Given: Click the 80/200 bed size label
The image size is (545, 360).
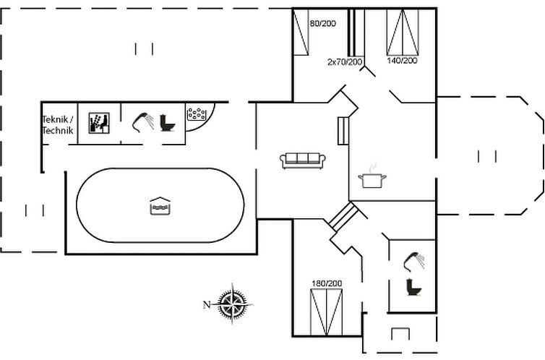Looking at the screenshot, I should [x=323, y=24].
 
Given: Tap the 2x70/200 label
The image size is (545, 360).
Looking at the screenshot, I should [x=345, y=62].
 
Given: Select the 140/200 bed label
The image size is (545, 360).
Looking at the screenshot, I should [x=402, y=61].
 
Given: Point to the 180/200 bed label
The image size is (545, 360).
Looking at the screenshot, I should [x=327, y=283].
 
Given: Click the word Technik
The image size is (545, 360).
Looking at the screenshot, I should [x=58, y=130].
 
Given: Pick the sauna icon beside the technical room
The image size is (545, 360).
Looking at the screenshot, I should [x=98, y=123].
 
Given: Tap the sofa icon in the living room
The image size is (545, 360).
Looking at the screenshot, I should [x=304, y=160].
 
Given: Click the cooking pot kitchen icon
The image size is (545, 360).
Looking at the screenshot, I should [x=372, y=178].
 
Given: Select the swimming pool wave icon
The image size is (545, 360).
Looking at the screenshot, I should [x=159, y=206].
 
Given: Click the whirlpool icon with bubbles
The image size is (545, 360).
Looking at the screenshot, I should [x=197, y=113].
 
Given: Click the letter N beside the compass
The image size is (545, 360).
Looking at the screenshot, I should [x=206, y=304].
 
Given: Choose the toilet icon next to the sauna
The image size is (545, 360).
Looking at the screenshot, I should [x=168, y=123].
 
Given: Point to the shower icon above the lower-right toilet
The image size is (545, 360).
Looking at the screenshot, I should [x=415, y=260].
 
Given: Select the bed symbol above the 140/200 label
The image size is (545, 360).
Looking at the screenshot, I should [x=403, y=33].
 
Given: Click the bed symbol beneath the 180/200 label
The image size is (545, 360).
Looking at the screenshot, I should [x=326, y=311].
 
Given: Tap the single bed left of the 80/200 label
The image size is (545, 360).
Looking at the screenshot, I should [x=301, y=32].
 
